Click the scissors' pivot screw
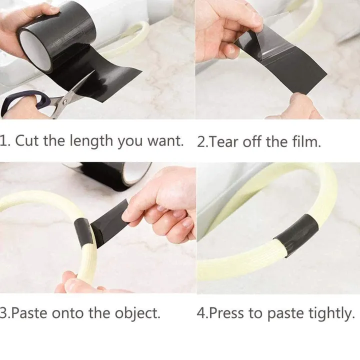pyautogui.click(x=65, y=100)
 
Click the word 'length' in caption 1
pyautogui.click(x=91, y=140)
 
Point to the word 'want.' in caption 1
pyautogui.click(x=165, y=140)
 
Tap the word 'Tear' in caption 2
pyautogui.click(x=224, y=141)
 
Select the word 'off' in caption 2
pyautogui.click(x=252, y=141)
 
